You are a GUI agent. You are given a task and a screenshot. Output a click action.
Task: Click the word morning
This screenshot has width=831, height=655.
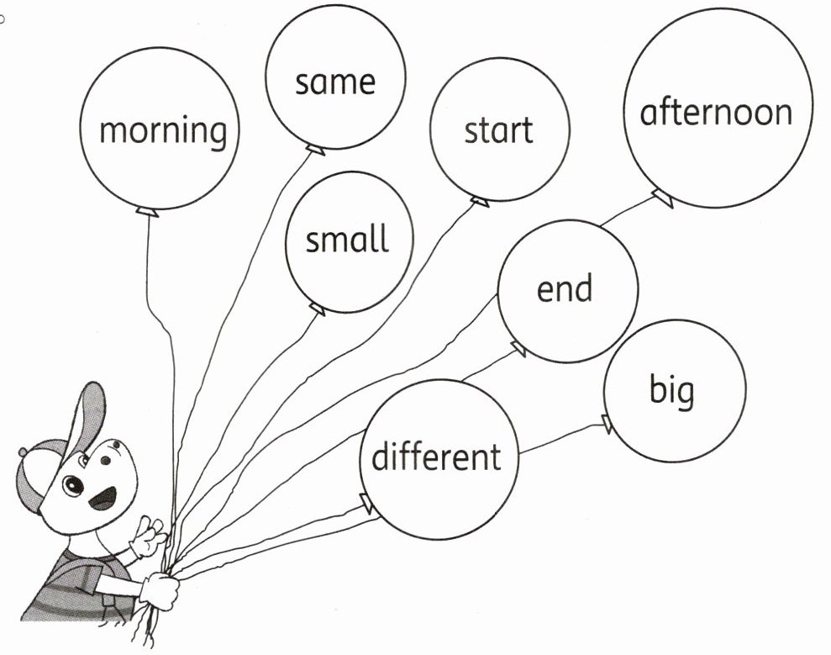(x=163, y=132)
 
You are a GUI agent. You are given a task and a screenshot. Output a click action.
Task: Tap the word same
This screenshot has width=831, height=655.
(x=334, y=82)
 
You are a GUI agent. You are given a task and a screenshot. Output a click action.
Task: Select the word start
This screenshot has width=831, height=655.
(x=499, y=130)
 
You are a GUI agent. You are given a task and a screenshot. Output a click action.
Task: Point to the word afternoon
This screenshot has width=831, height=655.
(x=716, y=112)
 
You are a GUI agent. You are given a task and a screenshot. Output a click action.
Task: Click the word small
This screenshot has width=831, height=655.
(x=347, y=240)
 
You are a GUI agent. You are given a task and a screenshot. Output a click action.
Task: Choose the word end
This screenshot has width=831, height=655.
(x=565, y=288)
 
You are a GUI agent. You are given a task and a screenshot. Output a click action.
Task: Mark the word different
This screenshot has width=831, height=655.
(x=436, y=457)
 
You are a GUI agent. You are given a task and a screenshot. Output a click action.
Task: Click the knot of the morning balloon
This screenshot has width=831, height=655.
(x=147, y=210)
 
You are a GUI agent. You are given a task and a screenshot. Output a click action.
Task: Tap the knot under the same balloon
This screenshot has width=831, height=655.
(x=314, y=150)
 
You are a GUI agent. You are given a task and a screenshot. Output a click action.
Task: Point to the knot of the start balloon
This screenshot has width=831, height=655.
(x=479, y=200)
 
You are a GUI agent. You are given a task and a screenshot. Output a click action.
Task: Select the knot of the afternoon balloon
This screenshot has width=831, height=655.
(x=663, y=198)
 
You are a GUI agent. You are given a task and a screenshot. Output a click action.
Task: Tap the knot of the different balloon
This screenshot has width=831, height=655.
(x=366, y=503)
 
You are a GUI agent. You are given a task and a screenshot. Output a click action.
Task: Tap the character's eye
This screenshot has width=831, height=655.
(x=73, y=486)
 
